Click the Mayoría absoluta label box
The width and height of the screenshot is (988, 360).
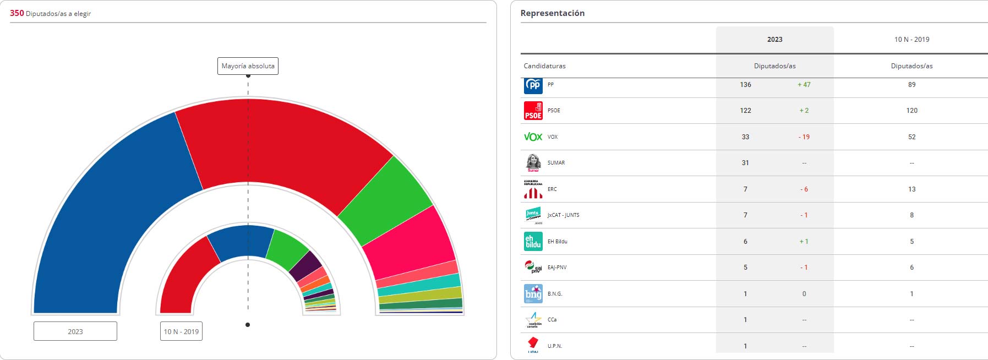coord(248,66)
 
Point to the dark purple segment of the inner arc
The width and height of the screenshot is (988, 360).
coord(305,266)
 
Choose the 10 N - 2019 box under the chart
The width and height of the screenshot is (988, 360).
coord(181,331)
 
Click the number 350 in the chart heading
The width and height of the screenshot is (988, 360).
coord(17,13)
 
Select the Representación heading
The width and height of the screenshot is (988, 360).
coord(553,13)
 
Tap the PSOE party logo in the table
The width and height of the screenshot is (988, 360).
coord(533,111)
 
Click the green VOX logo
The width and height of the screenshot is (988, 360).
coord(533,137)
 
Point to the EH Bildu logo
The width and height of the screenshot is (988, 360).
coord(533,242)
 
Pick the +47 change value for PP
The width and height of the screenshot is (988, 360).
coord(804,85)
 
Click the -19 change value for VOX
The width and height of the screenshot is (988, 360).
coord(804,137)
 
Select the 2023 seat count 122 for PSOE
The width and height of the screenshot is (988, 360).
coord(746,111)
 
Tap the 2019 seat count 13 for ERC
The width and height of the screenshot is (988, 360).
coord(912,189)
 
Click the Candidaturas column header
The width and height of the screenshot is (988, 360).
coord(545,66)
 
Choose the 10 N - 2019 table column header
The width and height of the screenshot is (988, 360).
coord(912,40)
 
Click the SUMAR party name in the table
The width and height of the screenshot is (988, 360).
coord(556,163)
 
